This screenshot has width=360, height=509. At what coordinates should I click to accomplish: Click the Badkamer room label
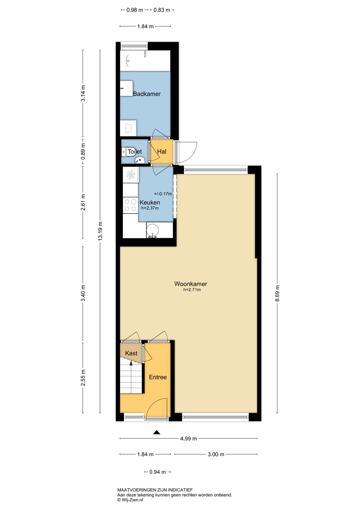[147, 94]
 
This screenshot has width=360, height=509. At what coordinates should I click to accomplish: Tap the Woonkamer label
[191, 284]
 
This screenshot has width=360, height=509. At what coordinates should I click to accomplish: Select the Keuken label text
[150, 202]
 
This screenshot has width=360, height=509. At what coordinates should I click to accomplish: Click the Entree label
[158, 377]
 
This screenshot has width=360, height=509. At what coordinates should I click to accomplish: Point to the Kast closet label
[131, 353]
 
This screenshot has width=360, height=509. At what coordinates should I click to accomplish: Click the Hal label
[162, 151]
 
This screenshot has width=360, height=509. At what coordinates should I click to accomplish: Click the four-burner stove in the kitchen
[131, 205]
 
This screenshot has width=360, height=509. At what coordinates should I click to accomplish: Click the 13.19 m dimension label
[101, 231]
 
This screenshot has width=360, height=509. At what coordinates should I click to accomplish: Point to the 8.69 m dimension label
[277, 293]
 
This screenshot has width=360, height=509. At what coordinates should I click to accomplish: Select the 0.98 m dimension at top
[135, 10]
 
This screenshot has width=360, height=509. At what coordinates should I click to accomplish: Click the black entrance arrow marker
[156, 432]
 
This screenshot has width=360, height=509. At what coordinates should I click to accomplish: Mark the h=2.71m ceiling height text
[192, 290]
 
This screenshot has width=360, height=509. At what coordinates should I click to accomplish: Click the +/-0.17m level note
[163, 194]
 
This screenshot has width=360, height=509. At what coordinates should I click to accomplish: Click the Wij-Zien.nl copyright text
[130, 500]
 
